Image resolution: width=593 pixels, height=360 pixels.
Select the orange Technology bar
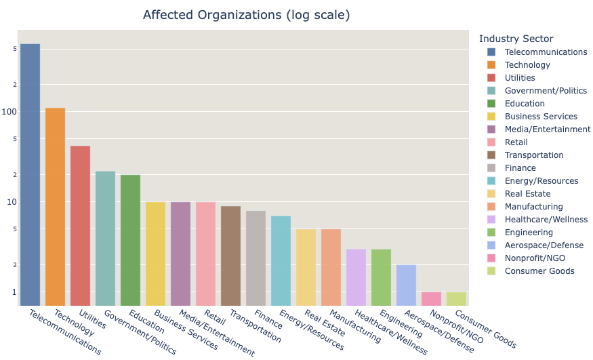pos(55,206)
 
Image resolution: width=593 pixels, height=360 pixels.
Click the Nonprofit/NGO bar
pos(431,298)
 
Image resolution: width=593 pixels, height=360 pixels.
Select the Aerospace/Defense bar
pos(406,285)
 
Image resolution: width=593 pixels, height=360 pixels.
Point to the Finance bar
pos(255,258)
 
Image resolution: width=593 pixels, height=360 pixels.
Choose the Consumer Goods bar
pos(456,298)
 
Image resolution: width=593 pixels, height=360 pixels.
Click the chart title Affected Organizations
pos(246,15)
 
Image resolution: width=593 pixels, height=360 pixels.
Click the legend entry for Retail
pos(516,142)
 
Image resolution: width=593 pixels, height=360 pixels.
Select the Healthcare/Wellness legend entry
pos(546,220)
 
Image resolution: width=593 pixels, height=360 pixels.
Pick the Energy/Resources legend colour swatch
pos(491,181)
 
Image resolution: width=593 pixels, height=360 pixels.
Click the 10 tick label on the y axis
pos(12,202)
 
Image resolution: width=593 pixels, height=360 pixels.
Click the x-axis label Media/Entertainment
pos(217,334)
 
